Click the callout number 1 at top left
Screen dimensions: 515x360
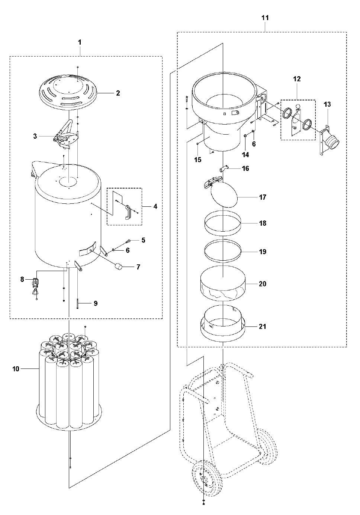point(80,42)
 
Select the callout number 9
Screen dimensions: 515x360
point(95,303)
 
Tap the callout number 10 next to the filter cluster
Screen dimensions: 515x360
point(16,369)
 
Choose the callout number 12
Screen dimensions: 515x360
point(297,79)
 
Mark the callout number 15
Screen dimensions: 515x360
point(197,160)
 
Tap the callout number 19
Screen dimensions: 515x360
point(263,252)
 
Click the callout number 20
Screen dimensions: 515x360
point(263,284)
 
